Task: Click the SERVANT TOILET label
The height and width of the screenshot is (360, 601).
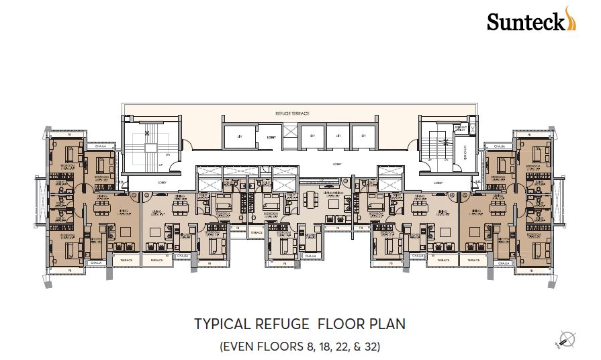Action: click(461, 128)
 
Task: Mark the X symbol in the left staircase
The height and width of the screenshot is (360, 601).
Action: click(146, 132)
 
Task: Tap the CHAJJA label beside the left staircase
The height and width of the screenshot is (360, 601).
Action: click(102, 145)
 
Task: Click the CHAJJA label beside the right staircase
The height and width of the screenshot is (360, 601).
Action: click(499, 145)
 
